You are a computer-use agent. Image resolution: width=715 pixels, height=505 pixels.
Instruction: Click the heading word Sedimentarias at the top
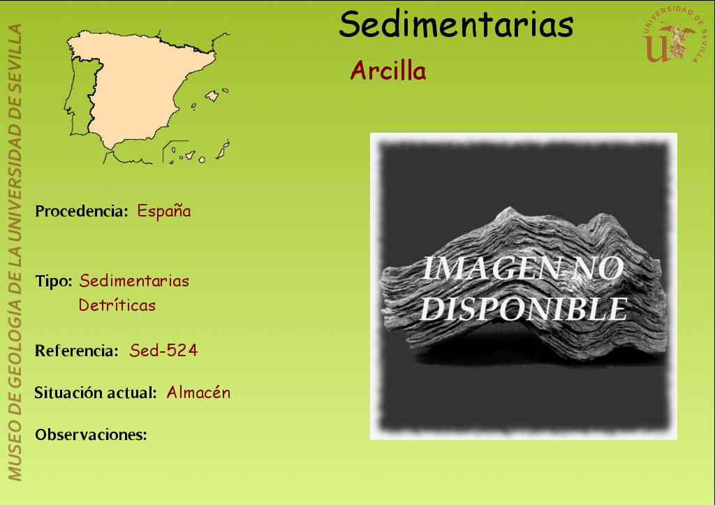point(456,24)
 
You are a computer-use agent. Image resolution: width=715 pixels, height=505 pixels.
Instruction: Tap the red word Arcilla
point(388,71)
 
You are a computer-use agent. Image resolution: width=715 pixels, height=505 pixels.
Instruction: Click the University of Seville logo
point(674,35)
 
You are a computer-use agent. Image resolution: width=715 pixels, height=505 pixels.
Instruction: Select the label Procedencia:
point(82,211)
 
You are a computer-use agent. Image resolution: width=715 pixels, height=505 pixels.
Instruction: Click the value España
point(164,211)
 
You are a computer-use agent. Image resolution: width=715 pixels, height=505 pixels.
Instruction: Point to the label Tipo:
point(54,281)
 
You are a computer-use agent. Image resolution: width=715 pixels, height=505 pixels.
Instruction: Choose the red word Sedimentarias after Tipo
point(134,281)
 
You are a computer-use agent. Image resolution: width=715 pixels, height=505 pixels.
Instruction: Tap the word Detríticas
point(117,305)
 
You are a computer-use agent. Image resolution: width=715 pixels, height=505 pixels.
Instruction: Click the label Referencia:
point(77,351)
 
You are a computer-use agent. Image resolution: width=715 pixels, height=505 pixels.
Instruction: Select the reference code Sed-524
point(163,351)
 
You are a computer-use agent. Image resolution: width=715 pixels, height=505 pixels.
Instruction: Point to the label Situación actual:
point(96,393)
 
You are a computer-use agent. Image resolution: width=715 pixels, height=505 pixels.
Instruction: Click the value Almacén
point(198,393)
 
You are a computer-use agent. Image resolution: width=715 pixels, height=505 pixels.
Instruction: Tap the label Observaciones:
point(91,434)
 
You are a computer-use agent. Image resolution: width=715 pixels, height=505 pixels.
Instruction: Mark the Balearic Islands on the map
point(210,97)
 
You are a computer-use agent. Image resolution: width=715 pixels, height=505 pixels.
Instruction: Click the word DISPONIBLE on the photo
point(524,309)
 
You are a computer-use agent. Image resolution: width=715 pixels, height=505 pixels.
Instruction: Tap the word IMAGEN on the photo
point(491,268)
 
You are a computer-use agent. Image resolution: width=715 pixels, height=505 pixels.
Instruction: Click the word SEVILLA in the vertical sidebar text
point(15,52)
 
